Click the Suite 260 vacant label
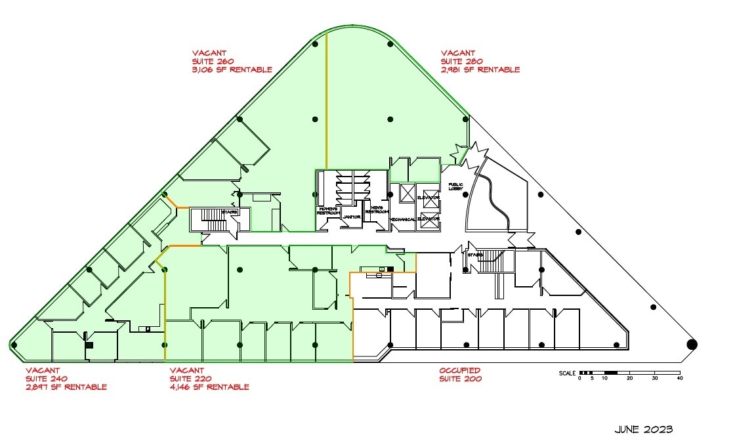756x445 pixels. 232,61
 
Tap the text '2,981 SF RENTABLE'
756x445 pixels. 480,70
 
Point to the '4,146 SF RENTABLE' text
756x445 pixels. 209,387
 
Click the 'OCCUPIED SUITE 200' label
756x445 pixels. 460,375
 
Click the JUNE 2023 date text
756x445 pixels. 643,429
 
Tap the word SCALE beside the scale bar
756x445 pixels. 567,373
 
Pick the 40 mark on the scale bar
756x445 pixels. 679,379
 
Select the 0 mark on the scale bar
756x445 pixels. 579,379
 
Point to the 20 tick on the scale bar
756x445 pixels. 629,379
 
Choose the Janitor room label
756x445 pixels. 352,217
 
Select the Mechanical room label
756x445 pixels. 402,219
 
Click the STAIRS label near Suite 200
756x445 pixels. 475,255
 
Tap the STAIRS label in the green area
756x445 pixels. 229,213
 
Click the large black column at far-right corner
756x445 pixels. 692,344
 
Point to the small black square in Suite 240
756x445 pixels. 89,345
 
